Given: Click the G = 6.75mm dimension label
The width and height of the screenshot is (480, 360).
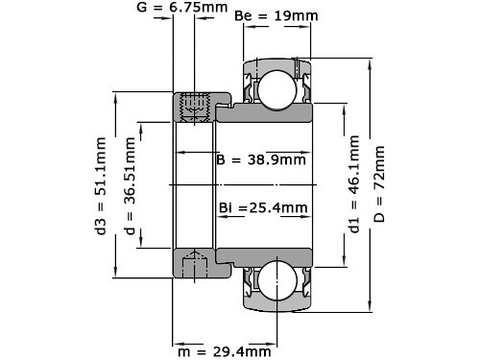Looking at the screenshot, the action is pyautogui.click(x=182, y=7).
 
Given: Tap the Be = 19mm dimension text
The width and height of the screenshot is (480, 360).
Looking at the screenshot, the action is pyautogui.click(x=276, y=16).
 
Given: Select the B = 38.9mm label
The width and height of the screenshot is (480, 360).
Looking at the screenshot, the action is pyautogui.click(x=261, y=159).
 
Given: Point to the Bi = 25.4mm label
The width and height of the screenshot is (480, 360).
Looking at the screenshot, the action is pyautogui.click(x=263, y=208).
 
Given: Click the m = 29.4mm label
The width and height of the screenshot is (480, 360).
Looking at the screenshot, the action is pyautogui.click(x=225, y=352).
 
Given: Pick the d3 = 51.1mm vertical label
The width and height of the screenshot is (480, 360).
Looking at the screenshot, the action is pyautogui.click(x=101, y=186).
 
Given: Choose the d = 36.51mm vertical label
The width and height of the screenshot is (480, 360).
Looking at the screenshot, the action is pyautogui.click(x=130, y=186).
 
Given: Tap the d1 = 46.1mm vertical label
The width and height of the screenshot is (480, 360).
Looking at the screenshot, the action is pyautogui.click(x=354, y=184).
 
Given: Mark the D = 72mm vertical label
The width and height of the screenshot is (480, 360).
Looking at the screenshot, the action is pyautogui.click(x=379, y=184).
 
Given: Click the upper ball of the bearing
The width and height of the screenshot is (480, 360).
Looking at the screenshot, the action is pyautogui.click(x=277, y=90).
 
